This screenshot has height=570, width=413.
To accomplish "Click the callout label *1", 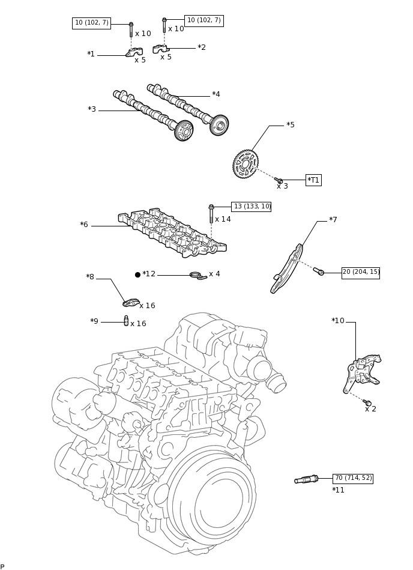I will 91,55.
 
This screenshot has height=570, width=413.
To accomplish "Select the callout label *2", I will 202,47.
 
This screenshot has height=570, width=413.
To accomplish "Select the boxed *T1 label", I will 313,180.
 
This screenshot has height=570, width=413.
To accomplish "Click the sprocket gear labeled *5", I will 246,164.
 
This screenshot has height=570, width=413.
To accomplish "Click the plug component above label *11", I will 306,479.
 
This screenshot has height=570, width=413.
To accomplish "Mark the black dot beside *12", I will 137,274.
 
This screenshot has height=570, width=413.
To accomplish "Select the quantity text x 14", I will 223,219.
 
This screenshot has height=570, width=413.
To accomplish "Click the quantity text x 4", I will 214,274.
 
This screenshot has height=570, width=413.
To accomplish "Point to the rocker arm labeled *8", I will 131,303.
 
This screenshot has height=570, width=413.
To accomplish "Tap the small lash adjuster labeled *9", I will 126,321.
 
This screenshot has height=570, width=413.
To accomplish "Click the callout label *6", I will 84,225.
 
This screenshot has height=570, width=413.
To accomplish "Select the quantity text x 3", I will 282,186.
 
